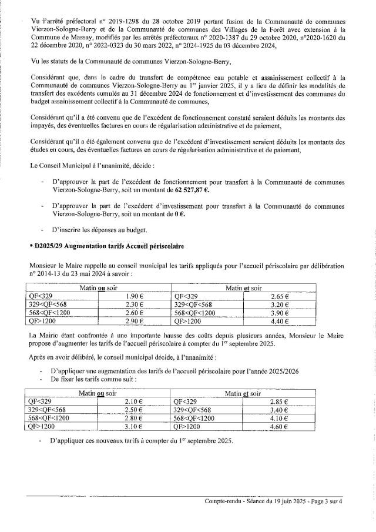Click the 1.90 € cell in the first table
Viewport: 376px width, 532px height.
pos(135,297)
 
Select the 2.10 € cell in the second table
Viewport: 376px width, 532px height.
pos(135,400)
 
